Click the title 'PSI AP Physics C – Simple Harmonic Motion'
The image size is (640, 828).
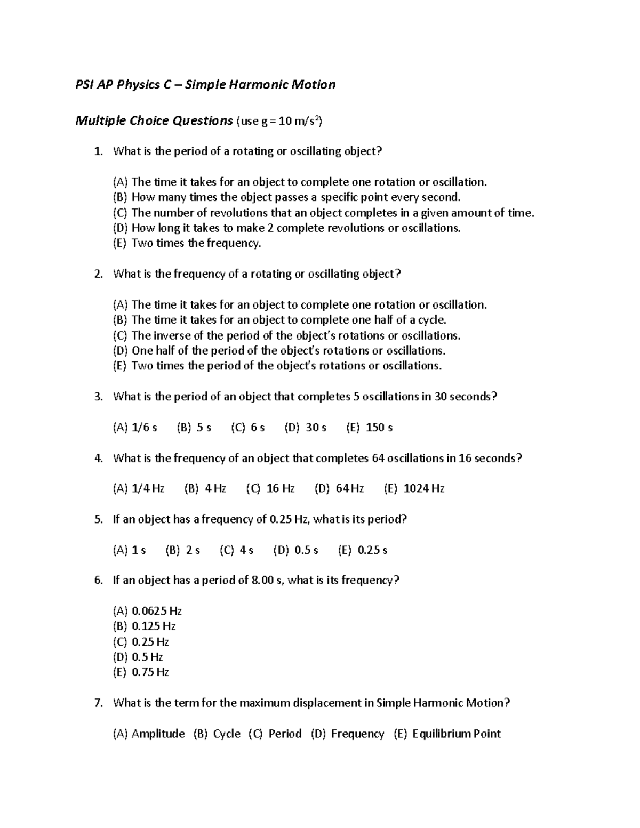pyautogui.click(x=205, y=84)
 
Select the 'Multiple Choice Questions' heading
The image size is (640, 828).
pyautogui.click(x=154, y=121)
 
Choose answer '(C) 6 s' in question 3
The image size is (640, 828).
pyautogui.click(x=247, y=428)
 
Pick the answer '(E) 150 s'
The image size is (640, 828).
pyautogui.click(x=369, y=428)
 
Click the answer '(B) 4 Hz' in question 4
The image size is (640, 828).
pyautogui.click(x=205, y=489)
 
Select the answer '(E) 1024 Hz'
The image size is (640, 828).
pyautogui.click(x=414, y=489)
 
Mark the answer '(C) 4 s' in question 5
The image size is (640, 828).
pyautogui.click(x=236, y=550)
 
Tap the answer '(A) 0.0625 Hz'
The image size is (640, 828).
pyautogui.click(x=147, y=611)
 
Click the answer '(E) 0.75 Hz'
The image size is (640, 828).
pyautogui.click(x=141, y=672)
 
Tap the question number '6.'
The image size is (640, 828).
pyautogui.click(x=98, y=581)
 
